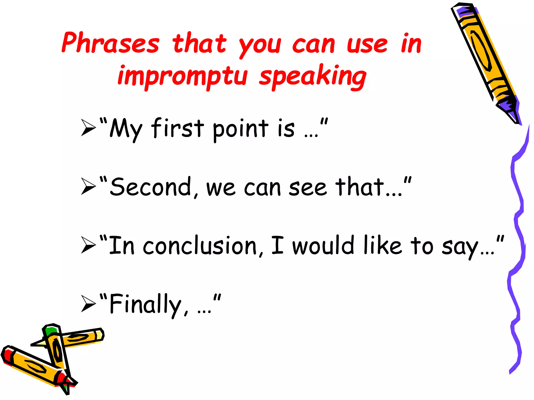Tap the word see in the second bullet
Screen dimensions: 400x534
(x=308, y=188)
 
